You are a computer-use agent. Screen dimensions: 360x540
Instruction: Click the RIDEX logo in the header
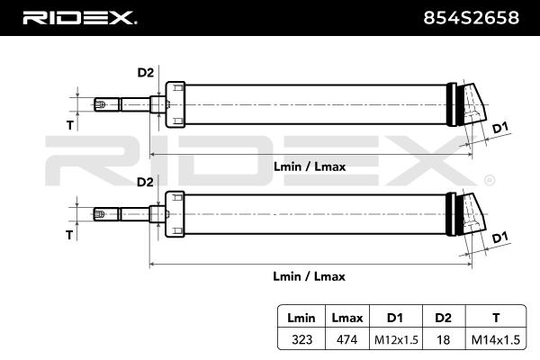point(79,17)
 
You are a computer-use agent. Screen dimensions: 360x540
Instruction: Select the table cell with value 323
point(301,340)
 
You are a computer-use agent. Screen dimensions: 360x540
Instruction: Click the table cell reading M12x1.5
point(394,340)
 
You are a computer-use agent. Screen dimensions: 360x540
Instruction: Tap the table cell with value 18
point(443,340)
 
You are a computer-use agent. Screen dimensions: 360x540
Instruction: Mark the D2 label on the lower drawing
point(145,182)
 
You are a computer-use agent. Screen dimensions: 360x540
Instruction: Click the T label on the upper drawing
point(69,125)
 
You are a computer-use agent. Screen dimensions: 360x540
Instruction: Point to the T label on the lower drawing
point(69,236)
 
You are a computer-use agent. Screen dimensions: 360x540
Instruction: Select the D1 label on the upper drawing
point(501,127)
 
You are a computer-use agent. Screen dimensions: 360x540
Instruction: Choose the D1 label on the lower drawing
point(501,238)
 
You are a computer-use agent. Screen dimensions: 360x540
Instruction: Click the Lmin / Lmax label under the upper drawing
point(309,166)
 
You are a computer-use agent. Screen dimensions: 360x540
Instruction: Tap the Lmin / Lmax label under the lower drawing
point(309,277)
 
